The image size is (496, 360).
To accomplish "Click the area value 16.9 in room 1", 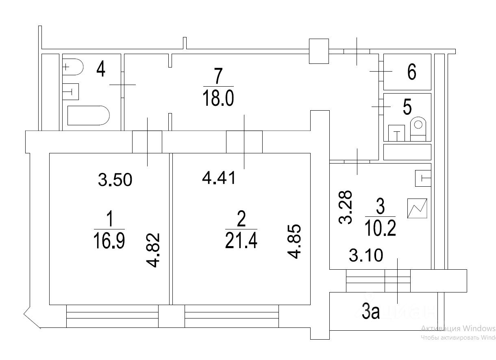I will coord(109,241).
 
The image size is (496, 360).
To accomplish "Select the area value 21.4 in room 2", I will coord(241,241).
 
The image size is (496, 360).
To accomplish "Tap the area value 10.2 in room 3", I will coord(381,229).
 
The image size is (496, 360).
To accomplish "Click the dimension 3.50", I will coord(115,179).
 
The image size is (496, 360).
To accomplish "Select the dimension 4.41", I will coord(219,178).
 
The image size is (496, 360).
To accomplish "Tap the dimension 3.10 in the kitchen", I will coord(366,257).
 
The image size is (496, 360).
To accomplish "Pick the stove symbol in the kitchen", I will coord(418,208).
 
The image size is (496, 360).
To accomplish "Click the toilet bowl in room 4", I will coord(73,67).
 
